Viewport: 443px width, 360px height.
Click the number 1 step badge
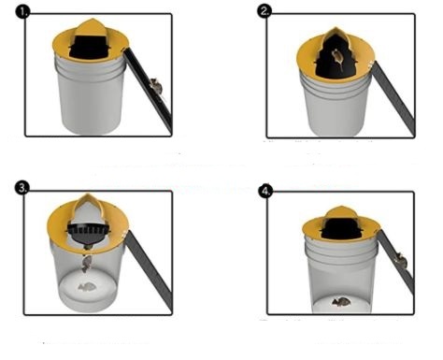coord(22,12)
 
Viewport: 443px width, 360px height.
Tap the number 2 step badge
coord(264,11)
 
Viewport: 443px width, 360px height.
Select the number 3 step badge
coord(21,188)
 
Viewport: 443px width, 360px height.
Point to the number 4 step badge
coord(265,191)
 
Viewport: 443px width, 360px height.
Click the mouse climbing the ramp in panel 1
coord(156,86)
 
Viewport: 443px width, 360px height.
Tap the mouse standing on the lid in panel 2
coord(337,59)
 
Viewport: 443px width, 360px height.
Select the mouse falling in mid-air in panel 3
coord(86,264)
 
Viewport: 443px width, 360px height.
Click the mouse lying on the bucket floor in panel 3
coord(85,287)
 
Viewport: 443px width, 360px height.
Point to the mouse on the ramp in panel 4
coord(401,261)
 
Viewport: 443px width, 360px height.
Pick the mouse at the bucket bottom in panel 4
coord(341,302)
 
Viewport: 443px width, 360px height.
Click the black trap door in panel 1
coord(90,48)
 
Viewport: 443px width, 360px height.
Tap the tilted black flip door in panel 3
coord(89,234)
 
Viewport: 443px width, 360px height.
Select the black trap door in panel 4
coord(341,229)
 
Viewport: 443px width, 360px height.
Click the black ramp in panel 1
coord(149,90)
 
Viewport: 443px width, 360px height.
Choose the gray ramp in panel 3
coord(150,270)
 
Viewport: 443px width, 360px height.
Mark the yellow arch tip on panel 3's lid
coord(88,197)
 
